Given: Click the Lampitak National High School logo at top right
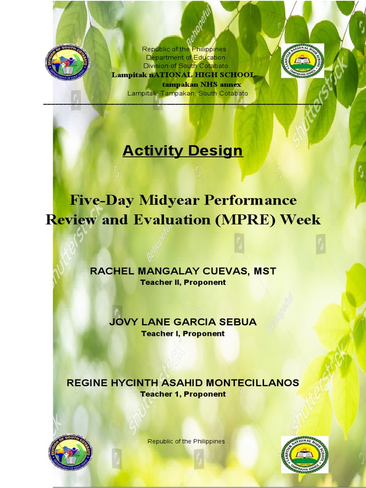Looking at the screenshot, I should click(303, 61).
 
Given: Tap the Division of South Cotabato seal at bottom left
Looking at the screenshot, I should click(71, 452).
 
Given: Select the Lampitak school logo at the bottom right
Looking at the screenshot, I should click(304, 454).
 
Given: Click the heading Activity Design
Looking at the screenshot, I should click(183, 151).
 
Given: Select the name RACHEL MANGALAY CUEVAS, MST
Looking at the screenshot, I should click(183, 271).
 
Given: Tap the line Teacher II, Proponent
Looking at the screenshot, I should click(183, 282).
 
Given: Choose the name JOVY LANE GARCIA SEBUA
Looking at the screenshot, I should click(183, 322).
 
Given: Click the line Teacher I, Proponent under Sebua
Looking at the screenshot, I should click(183, 334).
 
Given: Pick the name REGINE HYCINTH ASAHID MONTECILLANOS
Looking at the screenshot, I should click(183, 383).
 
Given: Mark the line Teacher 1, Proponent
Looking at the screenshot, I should click(183, 394).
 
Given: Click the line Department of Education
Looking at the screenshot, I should click(185, 58).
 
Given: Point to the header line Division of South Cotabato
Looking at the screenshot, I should click(185, 66).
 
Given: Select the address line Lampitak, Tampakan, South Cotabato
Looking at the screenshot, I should click(187, 93).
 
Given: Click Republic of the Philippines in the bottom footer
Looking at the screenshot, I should click(186, 441).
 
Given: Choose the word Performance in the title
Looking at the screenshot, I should click(249, 200).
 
